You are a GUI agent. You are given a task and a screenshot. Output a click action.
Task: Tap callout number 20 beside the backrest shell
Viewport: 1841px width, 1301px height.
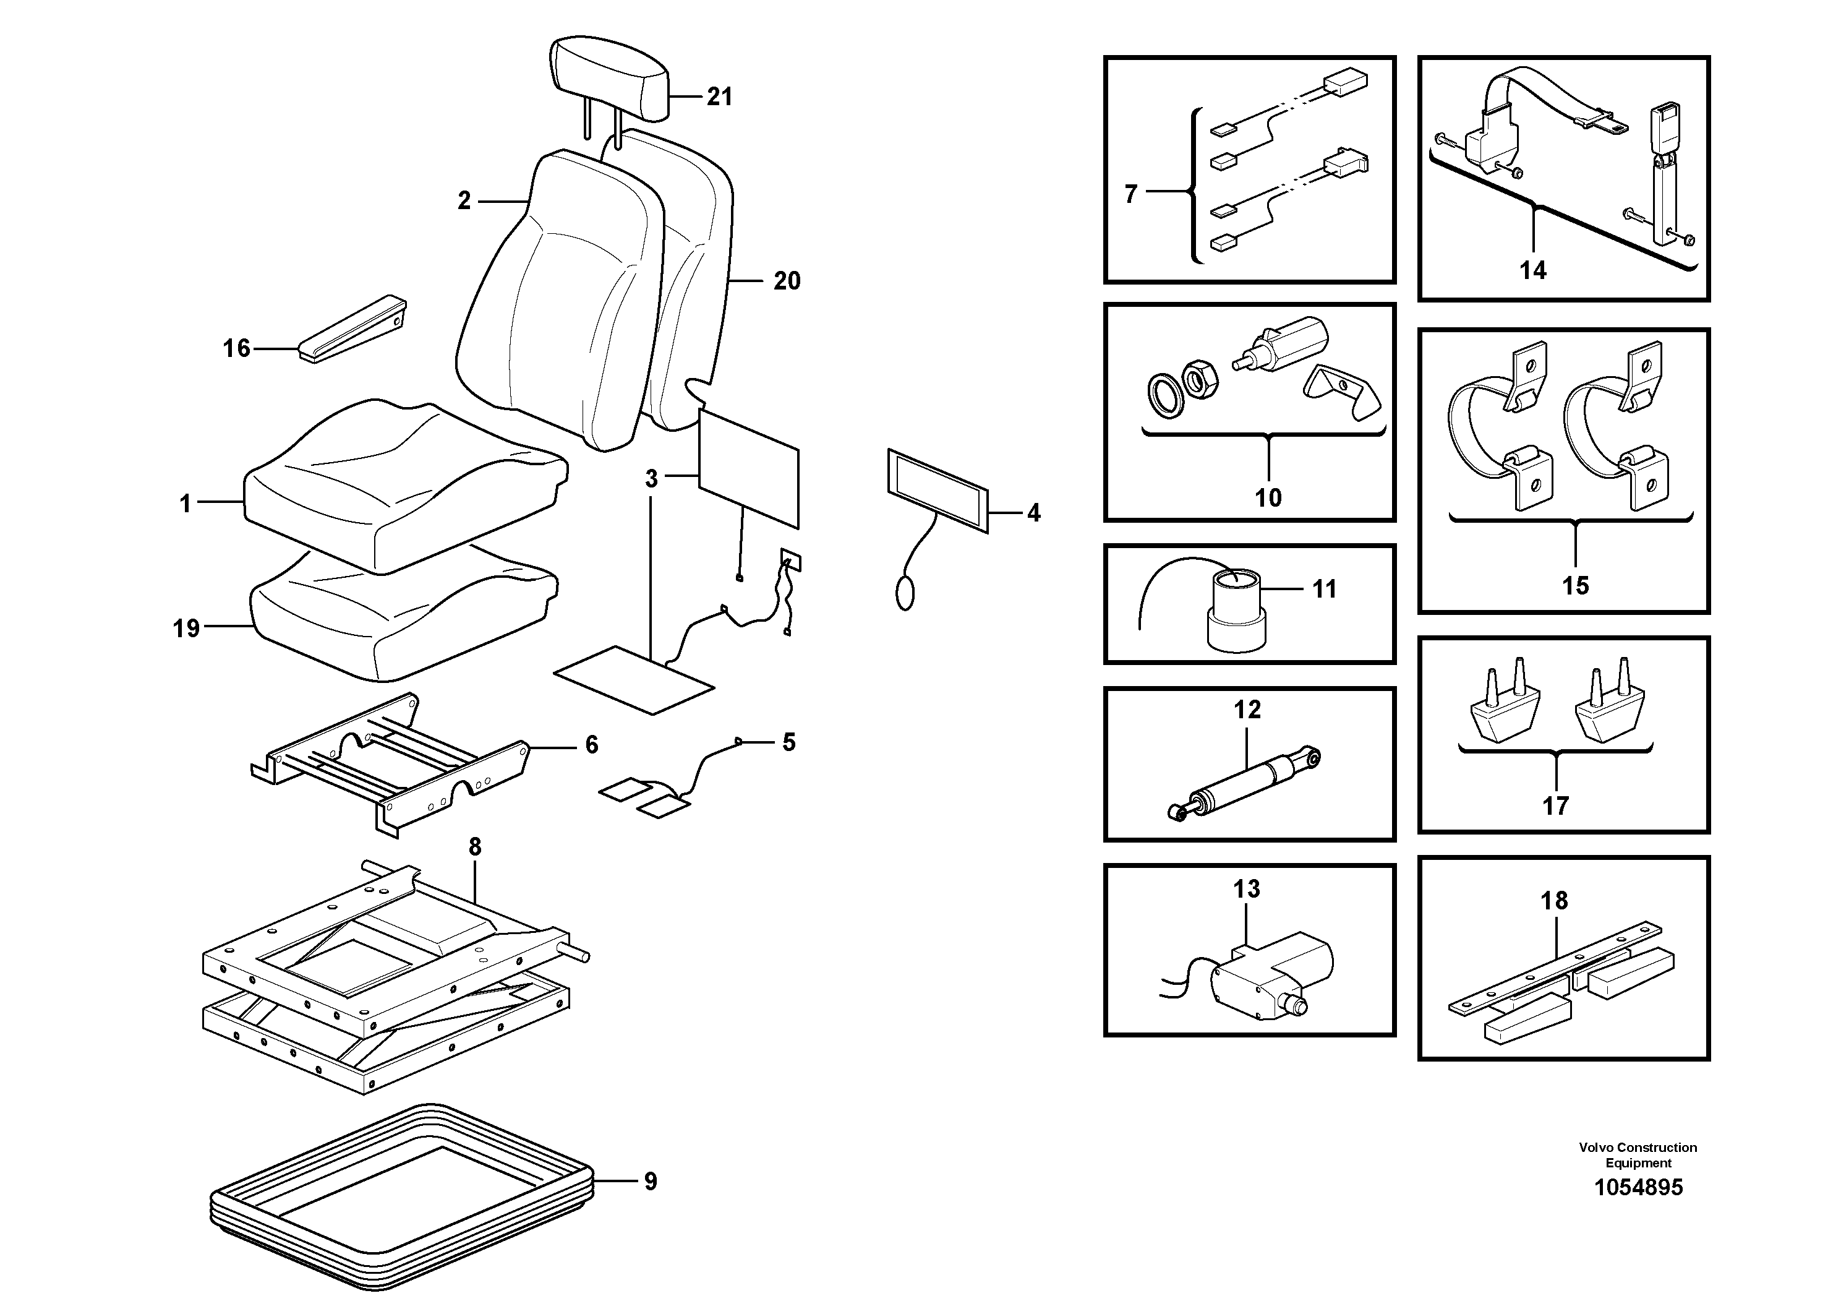click(787, 281)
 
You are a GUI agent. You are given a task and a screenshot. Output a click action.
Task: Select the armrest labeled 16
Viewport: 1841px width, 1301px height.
click(353, 330)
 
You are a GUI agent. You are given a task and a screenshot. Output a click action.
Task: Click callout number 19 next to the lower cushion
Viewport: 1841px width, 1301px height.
click(186, 628)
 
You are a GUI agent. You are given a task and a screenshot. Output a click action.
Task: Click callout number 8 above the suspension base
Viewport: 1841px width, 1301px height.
click(475, 846)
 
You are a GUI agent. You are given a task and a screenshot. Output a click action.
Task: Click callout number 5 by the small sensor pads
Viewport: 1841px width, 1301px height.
click(789, 743)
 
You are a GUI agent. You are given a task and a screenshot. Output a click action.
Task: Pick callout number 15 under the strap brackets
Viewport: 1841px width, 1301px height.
click(1575, 585)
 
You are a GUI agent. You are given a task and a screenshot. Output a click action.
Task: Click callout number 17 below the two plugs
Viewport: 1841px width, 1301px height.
click(1555, 805)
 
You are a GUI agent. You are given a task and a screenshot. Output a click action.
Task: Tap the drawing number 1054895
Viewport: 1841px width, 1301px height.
click(1638, 1188)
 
